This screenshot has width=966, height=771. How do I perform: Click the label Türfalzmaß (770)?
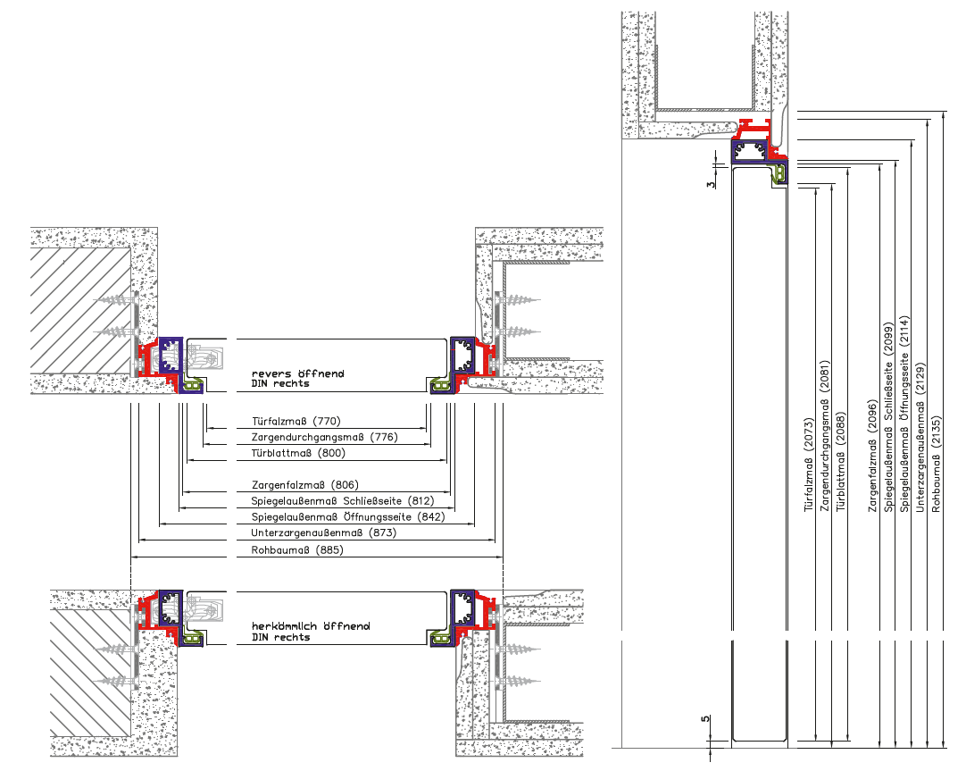pyautogui.click(x=296, y=422)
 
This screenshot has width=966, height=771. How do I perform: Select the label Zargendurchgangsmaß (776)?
pyautogui.click(x=325, y=438)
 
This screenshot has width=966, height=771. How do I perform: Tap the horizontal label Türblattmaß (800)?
pyautogui.click(x=298, y=454)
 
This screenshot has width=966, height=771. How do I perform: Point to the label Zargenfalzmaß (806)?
pyautogui.click(x=305, y=486)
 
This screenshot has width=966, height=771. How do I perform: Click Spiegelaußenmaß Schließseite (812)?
pyautogui.click(x=343, y=501)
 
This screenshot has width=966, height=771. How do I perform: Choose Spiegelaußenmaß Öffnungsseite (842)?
pyautogui.click(x=348, y=517)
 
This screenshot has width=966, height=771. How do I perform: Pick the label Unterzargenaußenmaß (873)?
pyautogui.click(x=324, y=533)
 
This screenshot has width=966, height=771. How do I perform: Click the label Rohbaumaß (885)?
pyautogui.click(x=297, y=550)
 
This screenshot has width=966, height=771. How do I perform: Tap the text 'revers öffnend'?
pyautogui.click(x=298, y=373)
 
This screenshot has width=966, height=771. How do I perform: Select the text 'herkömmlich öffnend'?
pyautogui.click(x=311, y=626)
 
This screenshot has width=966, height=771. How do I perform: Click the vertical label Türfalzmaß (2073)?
pyautogui.click(x=809, y=465)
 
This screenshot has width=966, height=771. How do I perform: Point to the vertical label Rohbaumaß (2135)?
pyautogui.click(x=937, y=465)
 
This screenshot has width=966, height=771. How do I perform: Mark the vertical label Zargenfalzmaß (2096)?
pyautogui.click(x=872, y=456)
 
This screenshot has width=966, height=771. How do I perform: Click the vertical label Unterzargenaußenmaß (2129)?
pyautogui.click(x=920, y=438)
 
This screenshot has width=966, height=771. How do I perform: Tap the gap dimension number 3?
pyautogui.click(x=712, y=184)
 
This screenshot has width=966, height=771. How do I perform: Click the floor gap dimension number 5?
pyautogui.click(x=705, y=718)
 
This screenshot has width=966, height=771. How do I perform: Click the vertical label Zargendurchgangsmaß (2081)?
pyautogui.click(x=825, y=436)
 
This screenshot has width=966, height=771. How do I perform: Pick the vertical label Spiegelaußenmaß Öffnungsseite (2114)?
pyautogui.click(x=904, y=415)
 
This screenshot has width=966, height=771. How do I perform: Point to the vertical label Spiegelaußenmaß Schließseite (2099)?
pyautogui.click(x=888, y=417)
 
